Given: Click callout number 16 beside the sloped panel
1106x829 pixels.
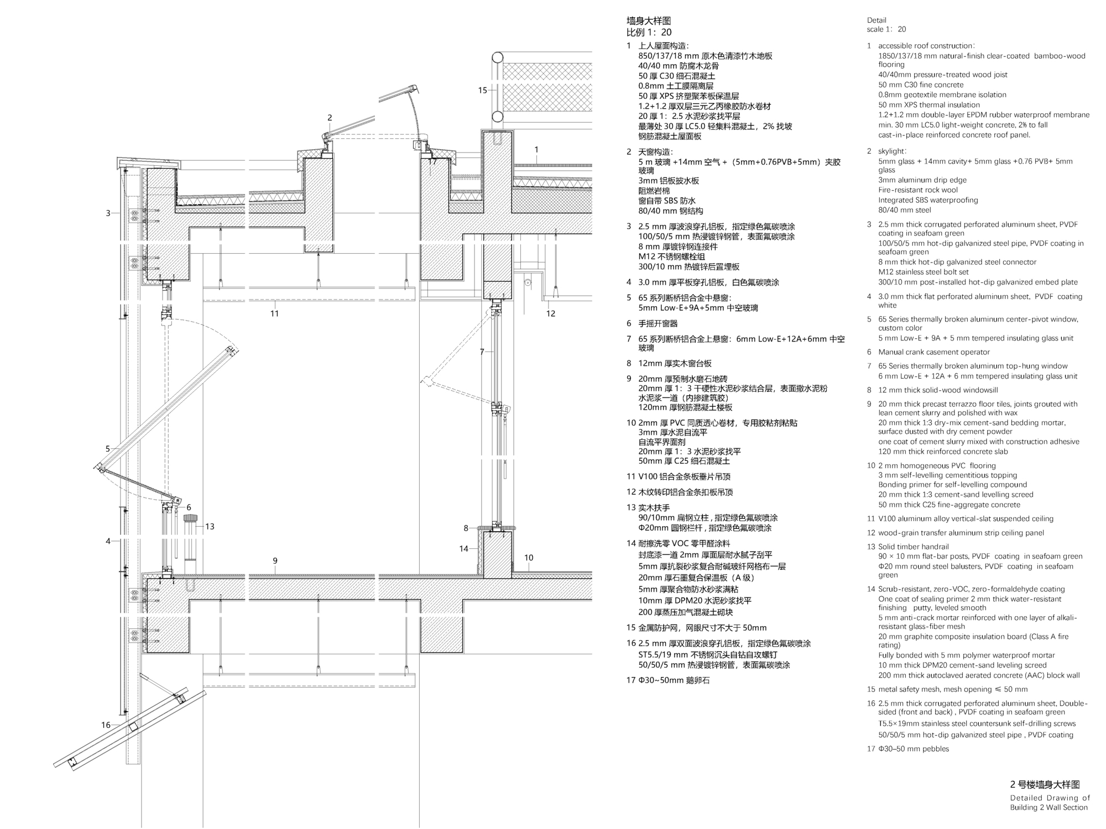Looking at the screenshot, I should (x=106, y=725).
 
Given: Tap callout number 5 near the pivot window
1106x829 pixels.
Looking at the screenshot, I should (x=108, y=449).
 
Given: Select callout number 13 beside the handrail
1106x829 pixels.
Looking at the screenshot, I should (x=210, y=527).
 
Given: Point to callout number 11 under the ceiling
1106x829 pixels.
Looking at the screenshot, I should (x=274, y=313).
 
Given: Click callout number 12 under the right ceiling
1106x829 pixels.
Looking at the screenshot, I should (x=550, y=313).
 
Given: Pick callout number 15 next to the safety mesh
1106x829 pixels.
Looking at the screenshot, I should (x=482, y=90).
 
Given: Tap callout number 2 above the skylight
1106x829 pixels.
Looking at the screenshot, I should (x=330, y=118).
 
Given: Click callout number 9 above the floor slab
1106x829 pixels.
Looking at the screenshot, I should (x=275, y=561).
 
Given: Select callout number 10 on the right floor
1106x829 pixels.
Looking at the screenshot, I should (x=529, y=558).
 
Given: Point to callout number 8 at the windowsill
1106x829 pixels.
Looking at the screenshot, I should (x=466, y=528).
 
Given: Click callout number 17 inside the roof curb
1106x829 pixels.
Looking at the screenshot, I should (x=432, y=162).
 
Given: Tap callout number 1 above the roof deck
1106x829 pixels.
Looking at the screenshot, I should (x=536, y=149).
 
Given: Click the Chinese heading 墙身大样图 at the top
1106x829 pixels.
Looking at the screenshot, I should (x=649, y=21).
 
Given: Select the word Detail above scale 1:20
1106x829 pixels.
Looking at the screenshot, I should (x=877, y=20).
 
